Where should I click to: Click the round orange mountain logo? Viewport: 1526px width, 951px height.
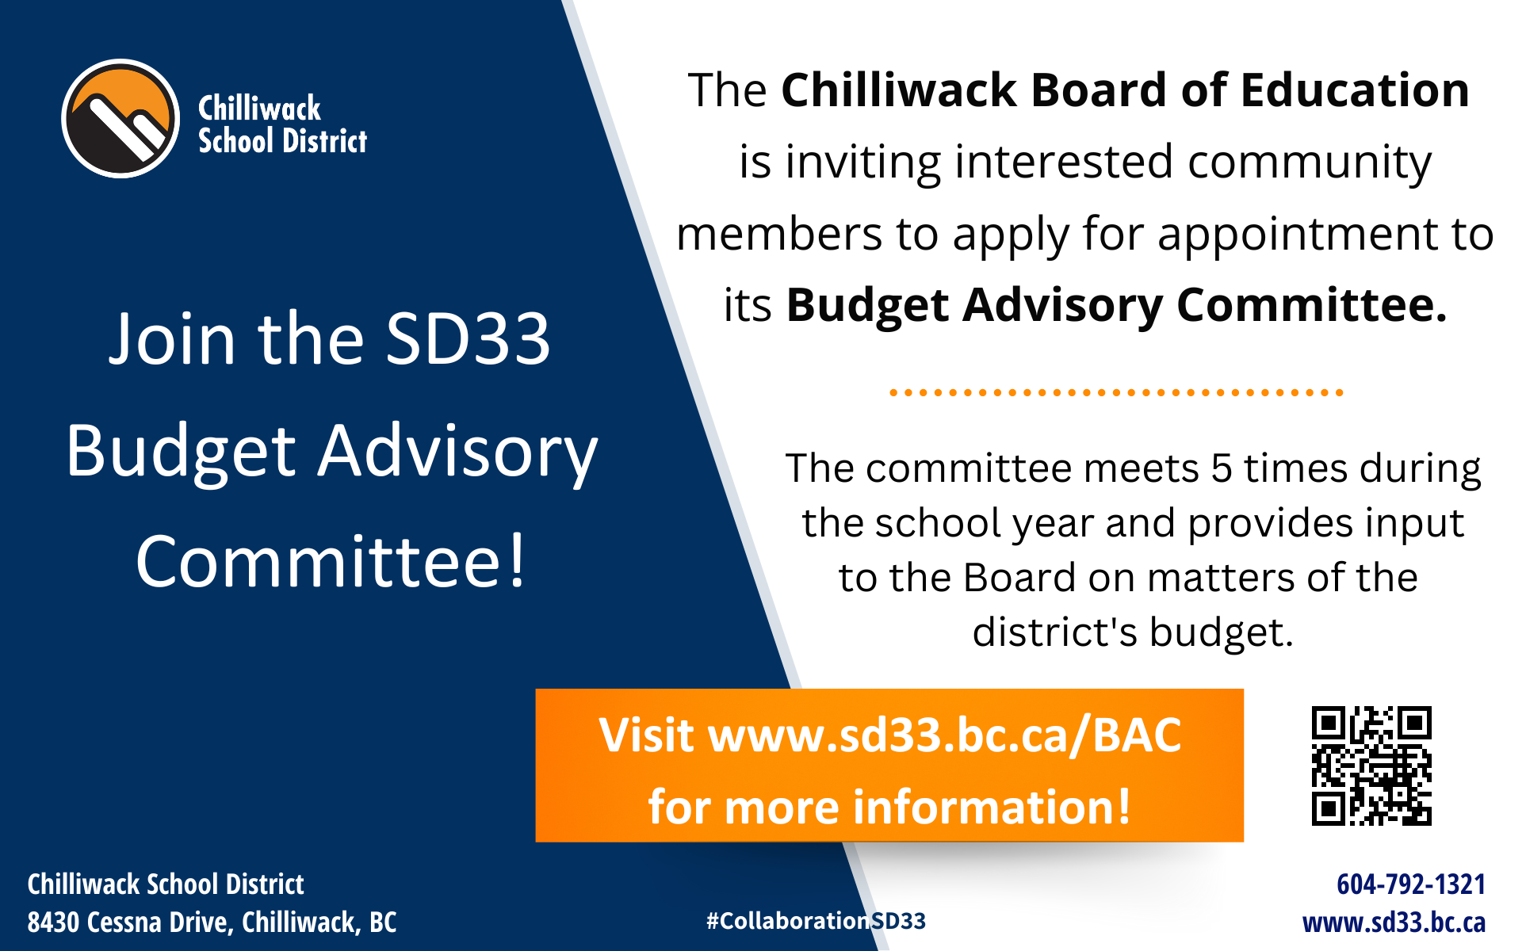(120, 119)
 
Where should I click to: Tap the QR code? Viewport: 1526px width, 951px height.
(1371, 766)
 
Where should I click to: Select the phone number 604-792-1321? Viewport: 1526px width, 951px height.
(1411, 884)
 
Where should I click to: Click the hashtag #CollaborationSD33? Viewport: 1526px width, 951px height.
(816, 921)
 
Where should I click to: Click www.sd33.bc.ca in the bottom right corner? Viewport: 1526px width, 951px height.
(1394, 922)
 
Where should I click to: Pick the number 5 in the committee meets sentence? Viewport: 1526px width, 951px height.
(1222, 468)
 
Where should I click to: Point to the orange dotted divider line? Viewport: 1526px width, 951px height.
(1116, 392)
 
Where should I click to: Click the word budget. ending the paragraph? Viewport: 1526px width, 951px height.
(1222, 633)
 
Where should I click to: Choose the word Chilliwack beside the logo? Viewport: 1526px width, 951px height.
(259, 108)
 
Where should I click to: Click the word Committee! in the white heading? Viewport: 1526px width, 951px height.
(331, 562)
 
